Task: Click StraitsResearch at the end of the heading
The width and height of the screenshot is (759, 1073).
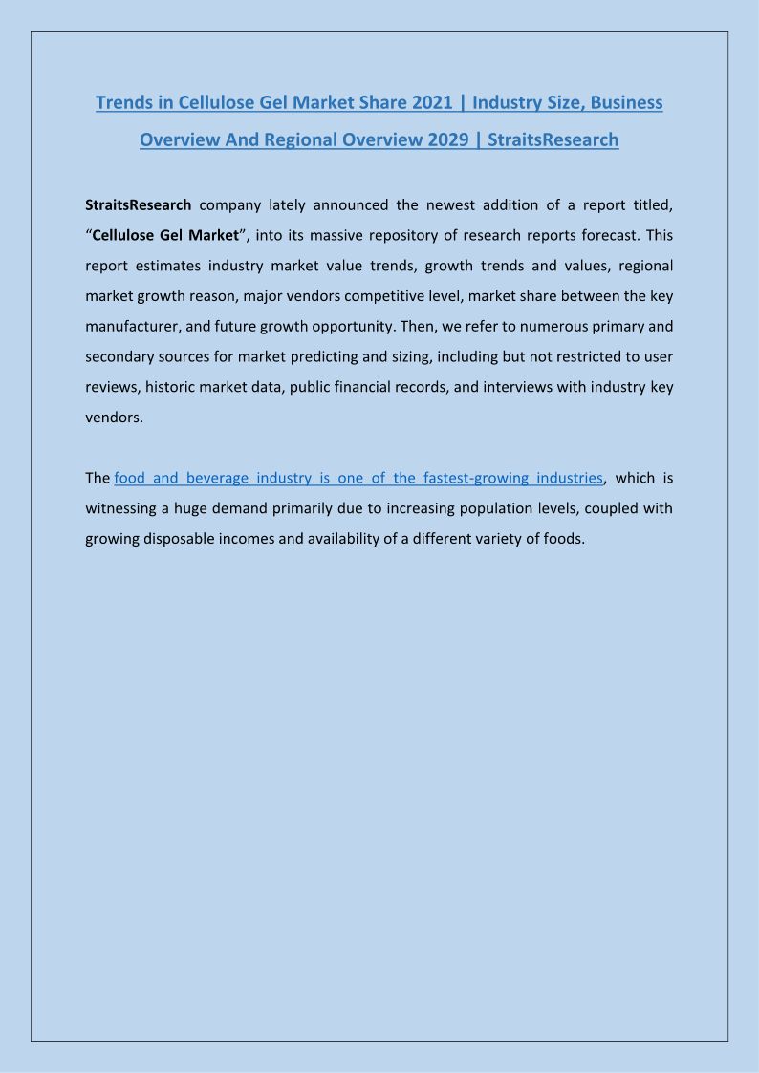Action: point(553,139)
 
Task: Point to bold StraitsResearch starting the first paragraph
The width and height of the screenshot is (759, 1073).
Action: point(139,204)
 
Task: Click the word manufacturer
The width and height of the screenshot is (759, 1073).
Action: point(130,326)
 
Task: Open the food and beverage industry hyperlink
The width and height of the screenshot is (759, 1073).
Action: point(358,477)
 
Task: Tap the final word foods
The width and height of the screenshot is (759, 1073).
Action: point(561,538)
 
